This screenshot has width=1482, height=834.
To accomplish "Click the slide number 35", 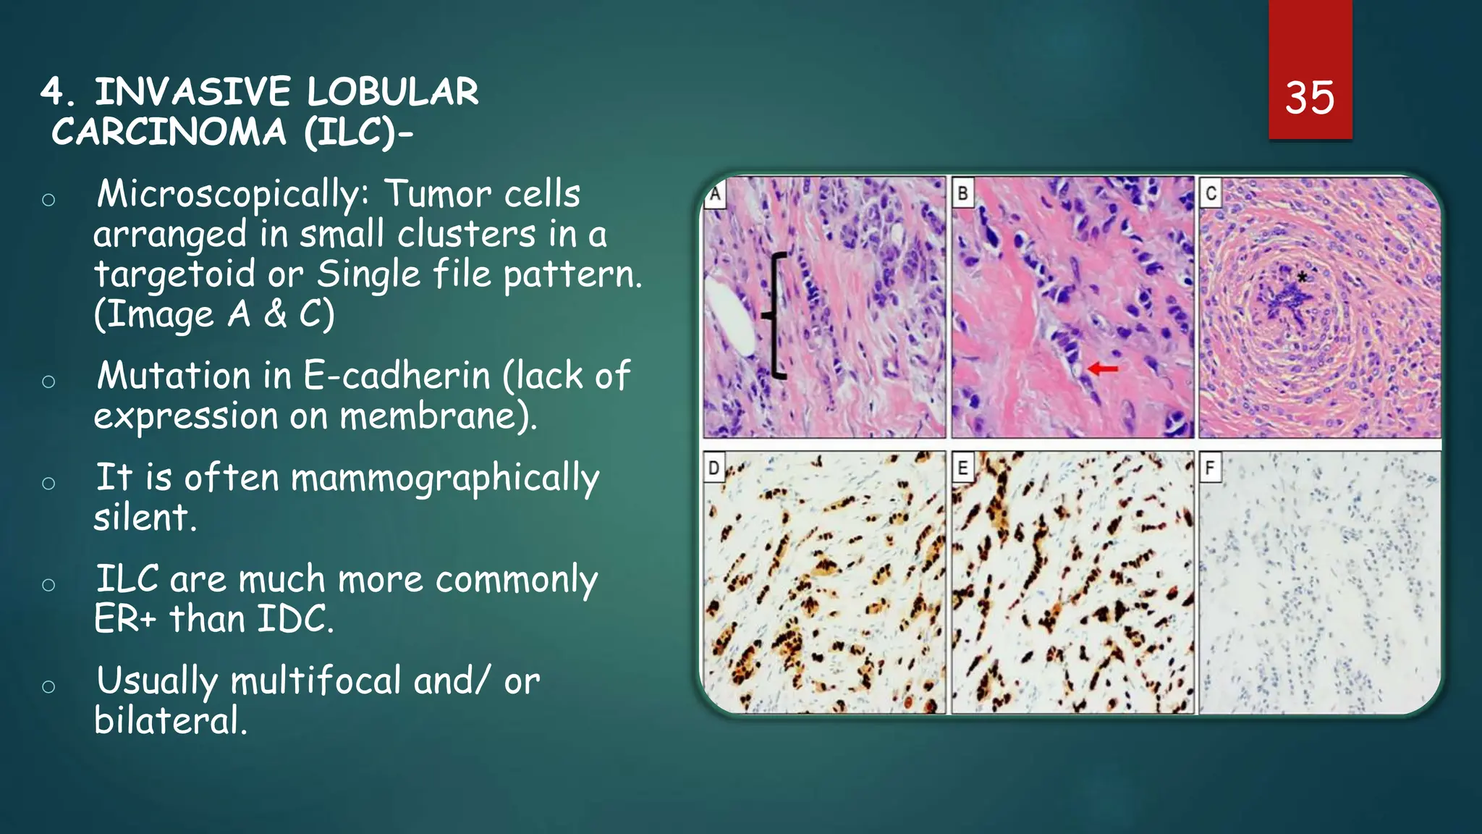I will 1309,98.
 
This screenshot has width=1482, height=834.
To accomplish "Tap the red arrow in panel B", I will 1102,368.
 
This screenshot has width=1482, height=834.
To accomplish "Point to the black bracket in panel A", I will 776,316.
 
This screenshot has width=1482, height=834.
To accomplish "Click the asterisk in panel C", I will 1302,277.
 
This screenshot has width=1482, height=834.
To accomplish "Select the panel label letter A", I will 715,194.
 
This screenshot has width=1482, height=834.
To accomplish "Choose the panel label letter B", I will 962,194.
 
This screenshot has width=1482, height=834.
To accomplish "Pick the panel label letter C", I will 1211,194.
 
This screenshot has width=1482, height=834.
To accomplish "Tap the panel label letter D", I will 714,468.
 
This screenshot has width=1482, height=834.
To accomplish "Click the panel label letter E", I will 962,468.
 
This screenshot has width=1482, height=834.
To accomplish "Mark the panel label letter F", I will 1210,468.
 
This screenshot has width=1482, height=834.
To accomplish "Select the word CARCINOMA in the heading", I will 169,132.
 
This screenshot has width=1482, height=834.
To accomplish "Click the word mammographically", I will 445,479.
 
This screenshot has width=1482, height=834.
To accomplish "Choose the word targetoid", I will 174,274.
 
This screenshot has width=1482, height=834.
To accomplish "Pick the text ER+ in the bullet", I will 125,620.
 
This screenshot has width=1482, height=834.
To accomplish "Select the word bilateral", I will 171,721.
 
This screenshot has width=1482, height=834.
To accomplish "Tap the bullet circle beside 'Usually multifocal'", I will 48,686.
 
